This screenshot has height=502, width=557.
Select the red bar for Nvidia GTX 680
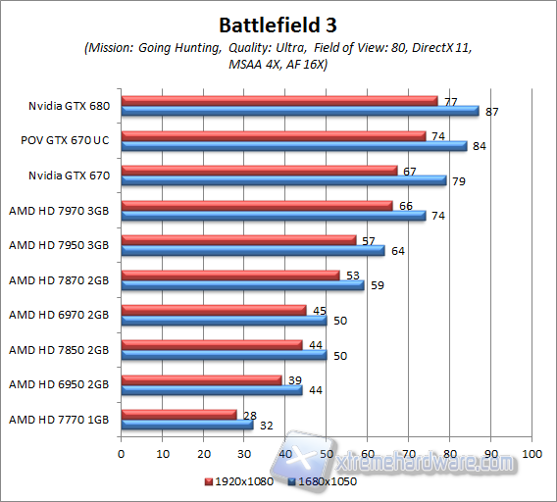pyautogui.click(x=279, y=101)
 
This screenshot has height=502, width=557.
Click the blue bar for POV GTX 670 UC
pyautogui.click(x=294, y=146)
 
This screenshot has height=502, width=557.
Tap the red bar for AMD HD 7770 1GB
pyautogui.click(x=179, y=414)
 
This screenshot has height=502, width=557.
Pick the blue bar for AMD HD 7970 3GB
pyautogui.click(x=274, y=216)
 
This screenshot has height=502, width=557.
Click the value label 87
pyautogui.click(x=491, y=113)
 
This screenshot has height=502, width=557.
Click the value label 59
pyautogui.click(x=377, y=285)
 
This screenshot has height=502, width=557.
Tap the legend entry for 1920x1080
pyautogui.click(x=239, y=482)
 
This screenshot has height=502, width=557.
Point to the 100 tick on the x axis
pyautogui.click(x=532, y=454)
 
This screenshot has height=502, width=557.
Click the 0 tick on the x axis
pyautogui.click(x=121, y=454)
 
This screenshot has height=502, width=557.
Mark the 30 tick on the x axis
pyautogui.click(x=244, y=454)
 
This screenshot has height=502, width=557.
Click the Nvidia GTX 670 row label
pyautogui.click(x=67, y=175)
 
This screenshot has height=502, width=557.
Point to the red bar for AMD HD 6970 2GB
pyautogui.click(x=214, y=310)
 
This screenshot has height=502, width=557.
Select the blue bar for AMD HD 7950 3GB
pyautogui.click(x=253, y=250)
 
